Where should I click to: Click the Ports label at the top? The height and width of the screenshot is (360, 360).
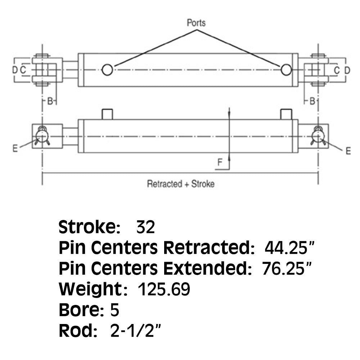[x=196, y=23]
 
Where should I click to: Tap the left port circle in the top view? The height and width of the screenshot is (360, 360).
[x=107, y=69]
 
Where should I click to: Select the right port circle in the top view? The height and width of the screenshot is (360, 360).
[x=286, y=69]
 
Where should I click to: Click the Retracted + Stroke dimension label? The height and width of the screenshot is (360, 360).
[x=181, y=184]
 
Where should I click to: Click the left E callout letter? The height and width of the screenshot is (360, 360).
[x=15, y=148]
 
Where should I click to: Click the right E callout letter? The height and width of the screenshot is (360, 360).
[x=348, y=151]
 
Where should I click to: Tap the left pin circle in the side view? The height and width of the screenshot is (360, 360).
[x=42, y=135]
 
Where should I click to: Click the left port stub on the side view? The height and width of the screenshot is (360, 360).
[x=107, y=114]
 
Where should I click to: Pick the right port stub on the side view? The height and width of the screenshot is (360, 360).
[x=286, y=114]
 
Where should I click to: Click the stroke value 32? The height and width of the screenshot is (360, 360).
[x=145, y=227]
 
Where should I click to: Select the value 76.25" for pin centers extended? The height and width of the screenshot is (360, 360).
[x=287, y=268]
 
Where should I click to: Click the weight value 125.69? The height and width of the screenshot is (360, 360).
[x=164, y=289]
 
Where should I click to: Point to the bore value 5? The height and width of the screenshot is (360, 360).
[x=114, y=310]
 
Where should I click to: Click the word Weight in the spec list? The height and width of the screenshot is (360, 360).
[x=91, y=289]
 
